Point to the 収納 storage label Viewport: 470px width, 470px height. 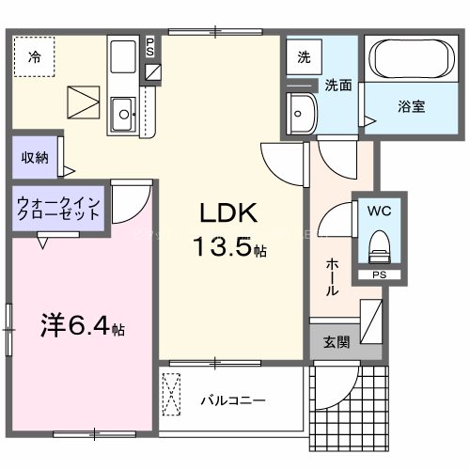35,157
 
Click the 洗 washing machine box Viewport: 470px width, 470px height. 303,56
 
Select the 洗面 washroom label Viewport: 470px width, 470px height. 338,85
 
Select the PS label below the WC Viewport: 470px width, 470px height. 380,275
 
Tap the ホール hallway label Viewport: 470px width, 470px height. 332,277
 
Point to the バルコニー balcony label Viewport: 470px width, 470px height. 232,399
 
